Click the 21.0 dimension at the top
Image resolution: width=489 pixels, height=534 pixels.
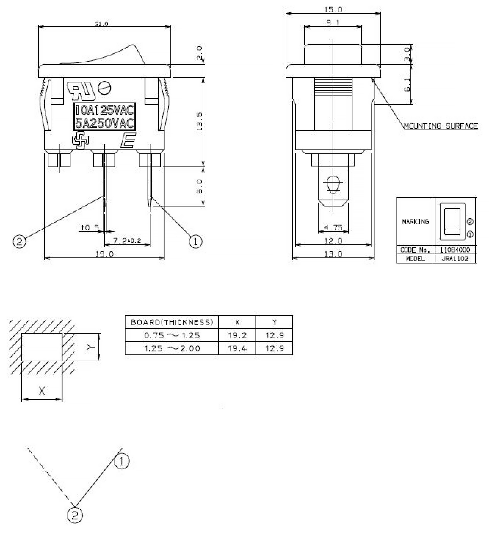(x=102, y=24)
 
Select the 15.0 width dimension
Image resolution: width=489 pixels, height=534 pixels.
(x=333, y=10)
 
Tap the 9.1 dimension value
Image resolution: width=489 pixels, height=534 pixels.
(x=333, y=23)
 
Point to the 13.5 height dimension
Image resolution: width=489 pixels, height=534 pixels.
(x=199, y=121)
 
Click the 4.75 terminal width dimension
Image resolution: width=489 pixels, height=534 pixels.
(x=333, y=227)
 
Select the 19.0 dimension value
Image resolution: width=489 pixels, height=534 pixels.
(x=105, y=254)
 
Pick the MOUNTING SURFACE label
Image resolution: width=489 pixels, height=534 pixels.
(x=441, y=126)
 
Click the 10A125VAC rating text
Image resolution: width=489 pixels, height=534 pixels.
(x=105, y=110)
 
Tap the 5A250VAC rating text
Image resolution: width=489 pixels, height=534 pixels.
(x=105, y=123)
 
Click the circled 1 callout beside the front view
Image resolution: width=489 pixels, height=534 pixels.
(x=195, y=241)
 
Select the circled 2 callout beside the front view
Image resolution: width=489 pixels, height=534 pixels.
(x=19, y=241)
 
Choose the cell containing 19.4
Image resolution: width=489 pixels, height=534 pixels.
(x=237, y=349)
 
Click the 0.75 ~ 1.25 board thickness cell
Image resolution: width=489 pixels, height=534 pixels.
(x=172, y=335)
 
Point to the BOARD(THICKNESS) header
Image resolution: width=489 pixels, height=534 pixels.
(x=172, y=322)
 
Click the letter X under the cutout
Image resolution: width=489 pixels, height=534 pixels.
(x=42, y=391)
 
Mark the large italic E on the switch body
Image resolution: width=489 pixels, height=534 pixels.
(x=128, y=140)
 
